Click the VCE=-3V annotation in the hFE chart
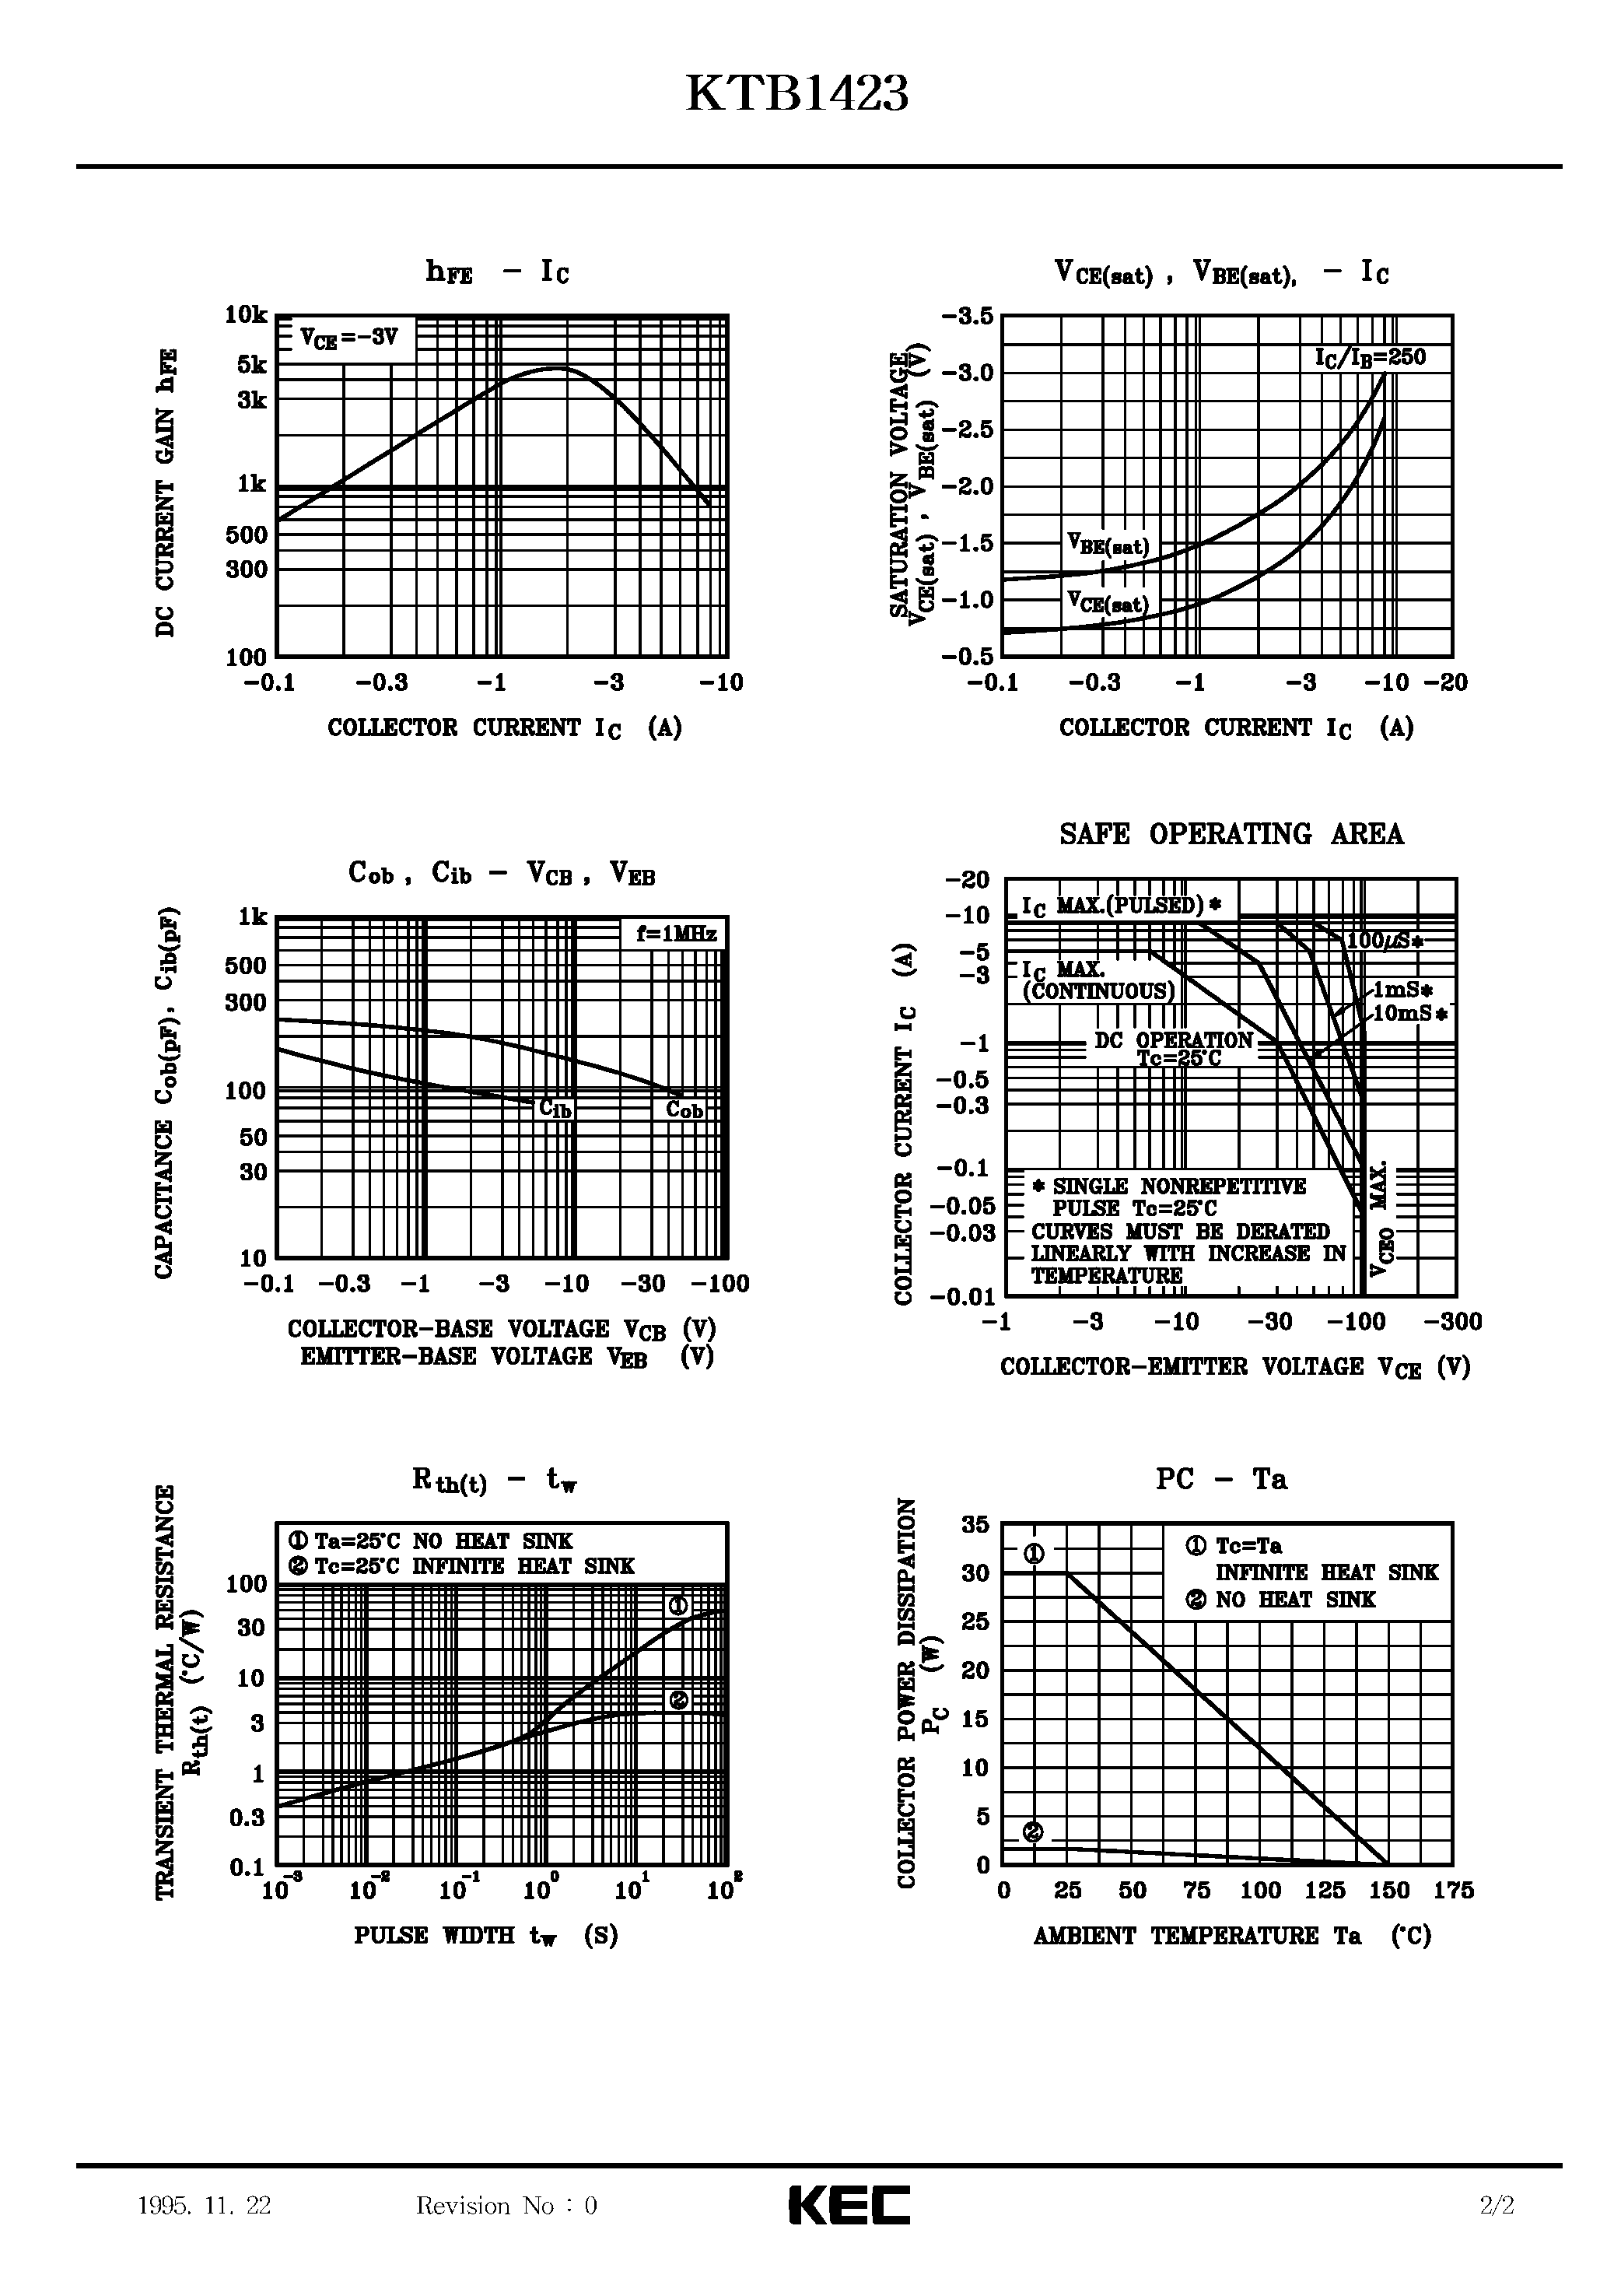tap(348, 338)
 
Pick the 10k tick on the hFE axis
tap(246, 315)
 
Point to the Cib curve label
tap(555, 1109)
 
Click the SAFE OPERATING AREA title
tap(1231, 834)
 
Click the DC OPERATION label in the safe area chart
tap(1173, 1040)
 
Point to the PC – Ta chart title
tap(1220, 1479)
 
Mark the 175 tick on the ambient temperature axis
tap(1452, 1891)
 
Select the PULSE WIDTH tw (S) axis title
tap(485, 1935)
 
